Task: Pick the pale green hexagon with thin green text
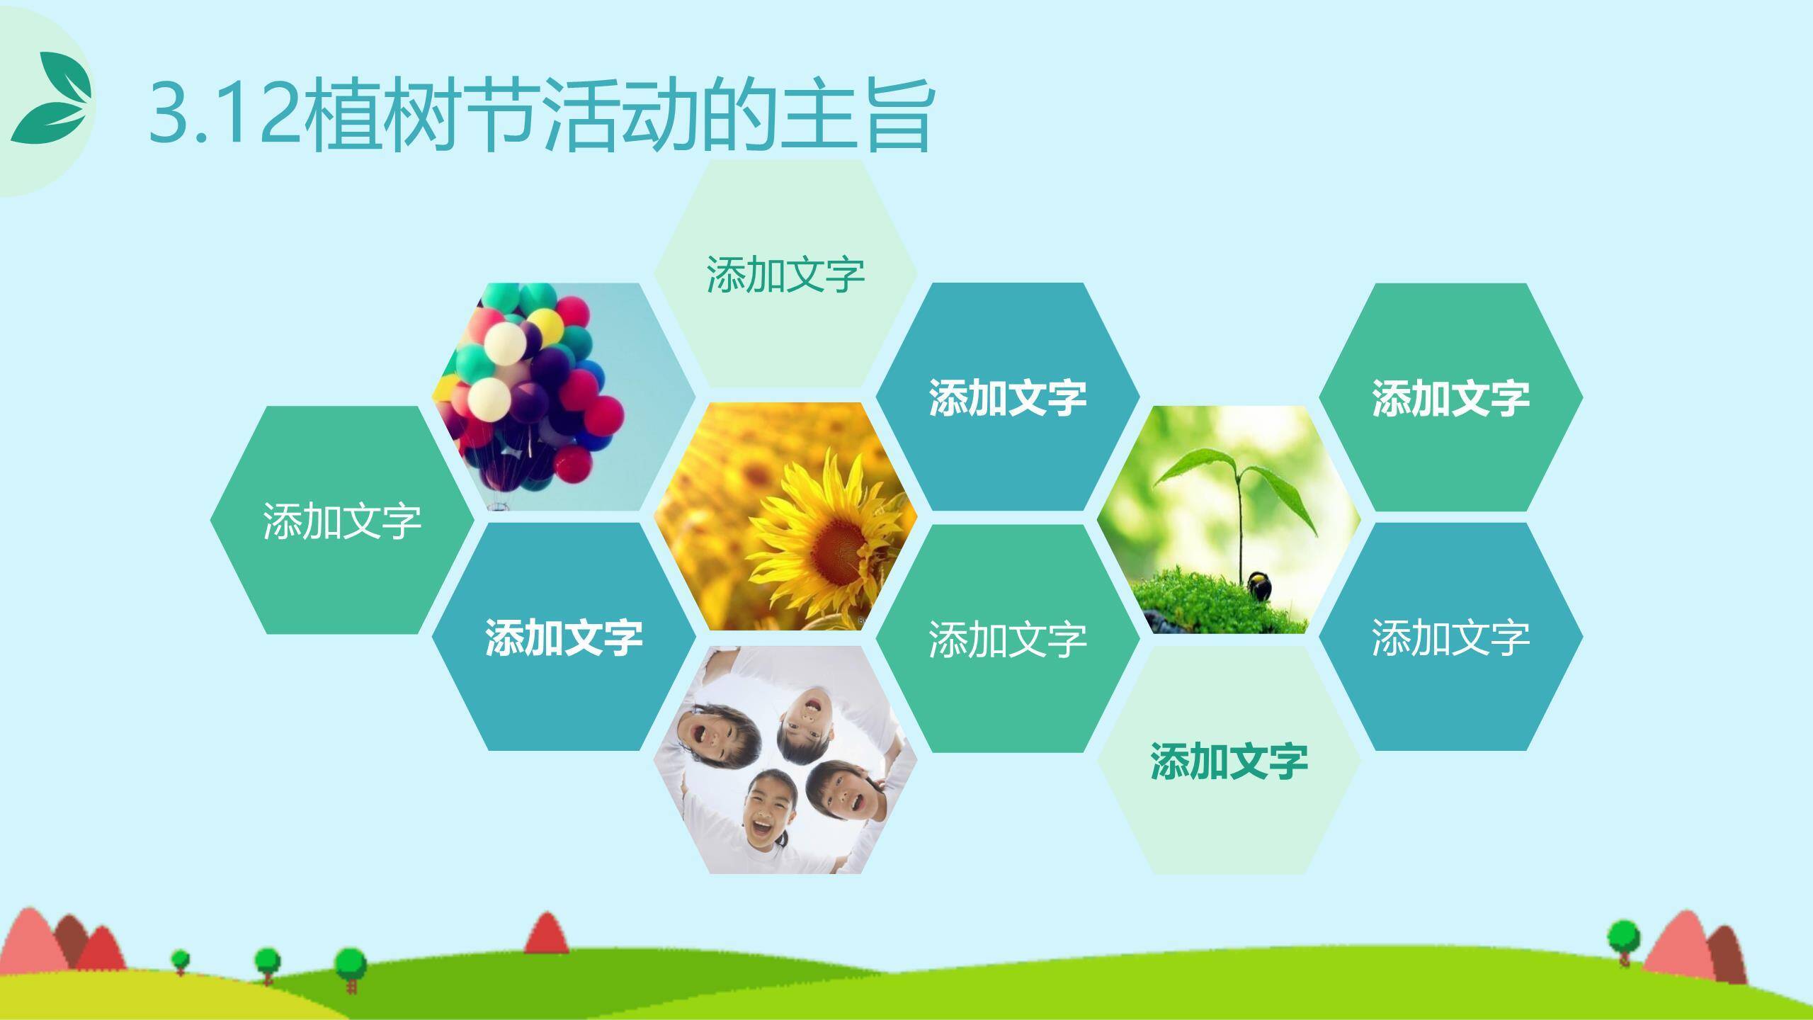click(785, 274)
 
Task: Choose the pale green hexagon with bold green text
click(1228, 761)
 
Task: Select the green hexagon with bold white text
click(1450, 397)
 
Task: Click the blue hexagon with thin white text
click(1450, 637)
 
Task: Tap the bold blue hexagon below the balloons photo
click(564, 637)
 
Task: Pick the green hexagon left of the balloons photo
click(342, 521)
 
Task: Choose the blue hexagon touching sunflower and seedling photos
click(1007, 397)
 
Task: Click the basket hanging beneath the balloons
click(500, 504)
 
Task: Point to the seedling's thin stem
click(1239, 524)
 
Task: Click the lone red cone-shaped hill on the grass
click(546, 934)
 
